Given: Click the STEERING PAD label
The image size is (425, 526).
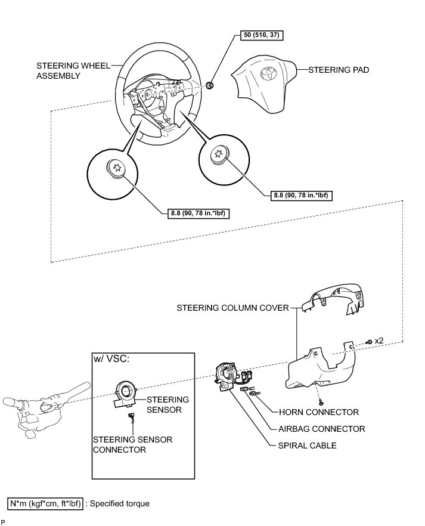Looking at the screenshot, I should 339,70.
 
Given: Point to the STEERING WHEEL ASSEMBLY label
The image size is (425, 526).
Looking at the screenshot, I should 73,71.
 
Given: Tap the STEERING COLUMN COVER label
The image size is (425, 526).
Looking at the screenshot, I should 232,308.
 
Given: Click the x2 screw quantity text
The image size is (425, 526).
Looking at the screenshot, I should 378,341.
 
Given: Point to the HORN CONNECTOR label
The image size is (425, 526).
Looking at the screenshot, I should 319,412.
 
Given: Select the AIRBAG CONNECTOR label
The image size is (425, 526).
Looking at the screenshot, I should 322,429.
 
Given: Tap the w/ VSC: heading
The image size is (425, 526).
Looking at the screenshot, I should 112,359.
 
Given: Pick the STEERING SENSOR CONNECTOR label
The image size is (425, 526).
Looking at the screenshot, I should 132,444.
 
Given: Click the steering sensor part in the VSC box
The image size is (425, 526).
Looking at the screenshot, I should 127,394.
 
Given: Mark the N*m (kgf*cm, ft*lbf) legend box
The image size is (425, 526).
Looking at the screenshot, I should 46,504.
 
